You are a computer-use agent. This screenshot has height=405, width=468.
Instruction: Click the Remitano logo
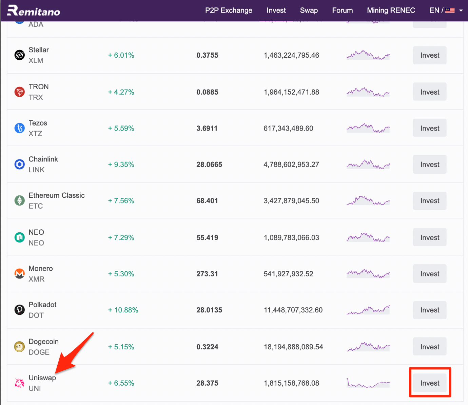point(34,11)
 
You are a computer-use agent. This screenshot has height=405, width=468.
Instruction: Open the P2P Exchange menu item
point(229,11)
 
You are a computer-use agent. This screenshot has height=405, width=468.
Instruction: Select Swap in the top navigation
point(309,11)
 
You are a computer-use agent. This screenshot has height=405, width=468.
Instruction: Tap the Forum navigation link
point(342,11)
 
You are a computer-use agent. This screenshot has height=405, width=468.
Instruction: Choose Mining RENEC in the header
point(391,11)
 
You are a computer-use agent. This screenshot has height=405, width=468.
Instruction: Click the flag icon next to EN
point(450,11)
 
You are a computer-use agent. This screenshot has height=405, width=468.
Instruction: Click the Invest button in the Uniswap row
point(430,383)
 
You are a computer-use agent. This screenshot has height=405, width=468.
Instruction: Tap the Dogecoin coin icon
point(19,347)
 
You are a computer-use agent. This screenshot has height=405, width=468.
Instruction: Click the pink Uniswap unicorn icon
point(19,383)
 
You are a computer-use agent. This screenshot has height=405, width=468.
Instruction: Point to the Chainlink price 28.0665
point(209,165)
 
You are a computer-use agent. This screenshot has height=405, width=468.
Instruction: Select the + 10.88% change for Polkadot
point(123,310)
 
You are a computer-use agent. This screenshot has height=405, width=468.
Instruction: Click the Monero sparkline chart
point(368,273)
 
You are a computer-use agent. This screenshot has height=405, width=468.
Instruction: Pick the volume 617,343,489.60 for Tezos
point(288,128)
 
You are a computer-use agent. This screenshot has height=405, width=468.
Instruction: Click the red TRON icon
point(19,92)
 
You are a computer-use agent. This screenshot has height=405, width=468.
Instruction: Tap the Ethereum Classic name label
point(57,195)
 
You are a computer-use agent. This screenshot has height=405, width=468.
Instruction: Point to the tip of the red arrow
point(55,373)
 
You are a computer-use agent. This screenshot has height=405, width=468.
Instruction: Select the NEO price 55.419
point(207,237)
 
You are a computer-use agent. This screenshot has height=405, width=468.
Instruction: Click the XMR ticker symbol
point(36,279)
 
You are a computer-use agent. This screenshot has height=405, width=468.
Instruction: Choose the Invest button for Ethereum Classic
point(430,201)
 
